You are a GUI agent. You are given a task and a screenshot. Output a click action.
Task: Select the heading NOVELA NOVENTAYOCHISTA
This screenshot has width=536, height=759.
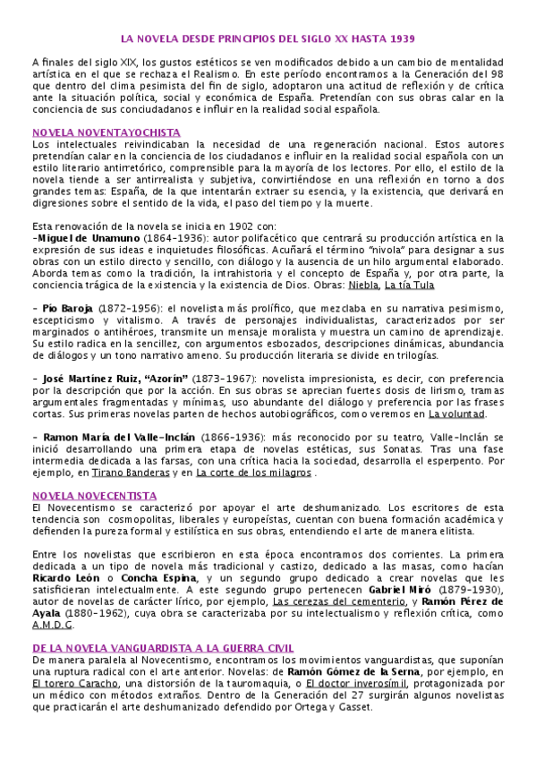point(86,132)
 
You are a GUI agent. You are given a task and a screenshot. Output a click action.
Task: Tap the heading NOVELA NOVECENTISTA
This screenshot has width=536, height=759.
point(81,495)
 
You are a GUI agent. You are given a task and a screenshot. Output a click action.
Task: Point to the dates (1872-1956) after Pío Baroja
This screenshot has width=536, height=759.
point(132,306)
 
